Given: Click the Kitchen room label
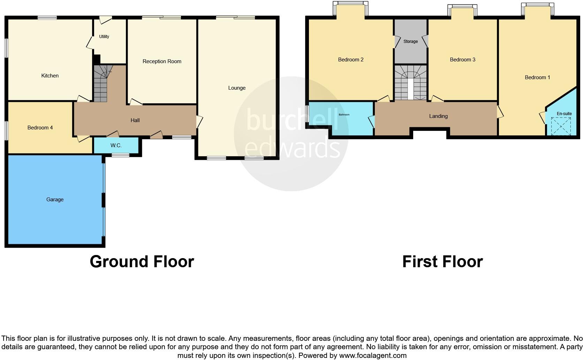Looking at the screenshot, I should pyautogui.click(x=50, y=76).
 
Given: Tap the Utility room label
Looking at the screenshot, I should pyautogui.click(x=104, y=37).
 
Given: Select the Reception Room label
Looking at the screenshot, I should pyautogui.click(x=162, y=61).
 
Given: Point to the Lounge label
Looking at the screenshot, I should pyautogui.click(x=237, y=88).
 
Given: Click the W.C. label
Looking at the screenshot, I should pyautogui.click(x=116, y=145).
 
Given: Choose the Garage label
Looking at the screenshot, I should pyautogui.click(x=55, y=200).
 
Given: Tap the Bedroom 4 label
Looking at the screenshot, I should pyautogui.click(x=40, y=128).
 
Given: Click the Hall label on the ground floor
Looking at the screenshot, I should pyautogui.click(x=135, y=120).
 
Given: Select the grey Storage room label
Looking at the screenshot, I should pyautogui.click(x=410, y=42).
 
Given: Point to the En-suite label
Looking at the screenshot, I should pyautogui.click(x=564, y=114).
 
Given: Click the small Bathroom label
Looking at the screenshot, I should pyautogui.click(x=344, y=115).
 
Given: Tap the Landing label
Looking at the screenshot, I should pyautogui.click(x=438, y=116).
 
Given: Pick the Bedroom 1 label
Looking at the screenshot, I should pyautogui.click(x=537, y=77).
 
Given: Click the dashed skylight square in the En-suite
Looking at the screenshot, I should pyautogui.click(x=561, y=126).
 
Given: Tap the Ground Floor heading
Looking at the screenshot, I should pyautogui.click(x=142, y=262).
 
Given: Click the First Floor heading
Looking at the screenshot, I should pyautogui.click(x=442, y=262).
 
